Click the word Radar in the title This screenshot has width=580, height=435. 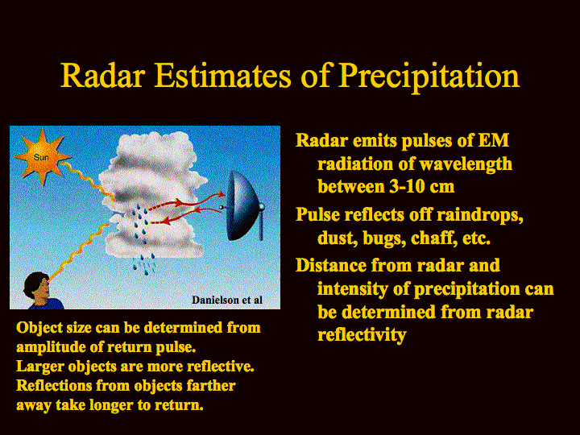pyautogui.click(x=102, y=76)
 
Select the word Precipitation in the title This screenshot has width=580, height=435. pyautogui.click(x=429, y=77)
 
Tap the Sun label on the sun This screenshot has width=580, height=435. pyautogui.click(x=41, y=158)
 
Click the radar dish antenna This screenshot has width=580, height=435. pyautogui.click(x=245, y=205)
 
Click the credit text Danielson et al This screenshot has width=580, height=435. pyautogui.click(x=227, y=300)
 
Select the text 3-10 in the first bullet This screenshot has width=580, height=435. pyautogui.click(x=404, y=186)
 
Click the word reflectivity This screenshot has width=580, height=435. pyautogui.click(x=362, y=335)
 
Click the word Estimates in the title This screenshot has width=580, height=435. pyautogui.click(x=222, y=76)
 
